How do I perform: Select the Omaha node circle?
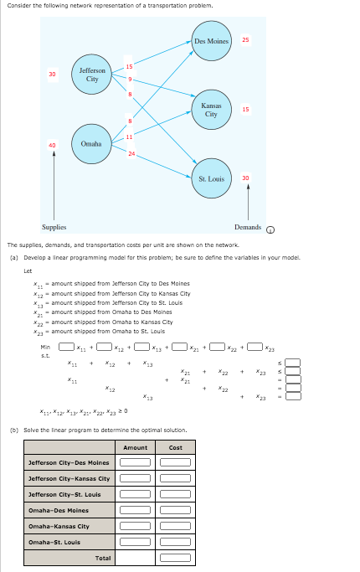(x=91, y=144)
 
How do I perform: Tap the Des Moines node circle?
(x=211, y=42)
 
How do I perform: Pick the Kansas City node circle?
(x=211, y=110)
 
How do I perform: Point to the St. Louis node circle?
(x=211, y=178)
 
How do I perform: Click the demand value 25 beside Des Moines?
(x=245, y=40)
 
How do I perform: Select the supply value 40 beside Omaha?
(x=53, y=144)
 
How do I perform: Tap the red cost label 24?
(x=131, y=153)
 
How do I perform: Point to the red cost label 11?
(x=130, y=136)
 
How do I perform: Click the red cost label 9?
(x=130, y=80)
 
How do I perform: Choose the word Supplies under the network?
(x=55, y=227)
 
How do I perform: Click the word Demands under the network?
(x=247, y=227)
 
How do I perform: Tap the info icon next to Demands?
(x=270, y=228)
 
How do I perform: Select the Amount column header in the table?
(x=135, y=447)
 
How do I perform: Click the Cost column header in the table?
(x=175, y=447)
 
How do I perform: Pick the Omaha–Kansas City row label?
(x=59, y=526)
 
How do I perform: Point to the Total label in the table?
(x=102, y=558)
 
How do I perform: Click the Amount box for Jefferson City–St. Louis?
(x=135, y=494)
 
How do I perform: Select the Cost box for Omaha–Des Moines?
(x=175, y=510)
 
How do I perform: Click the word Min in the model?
(x=45, y=347)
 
